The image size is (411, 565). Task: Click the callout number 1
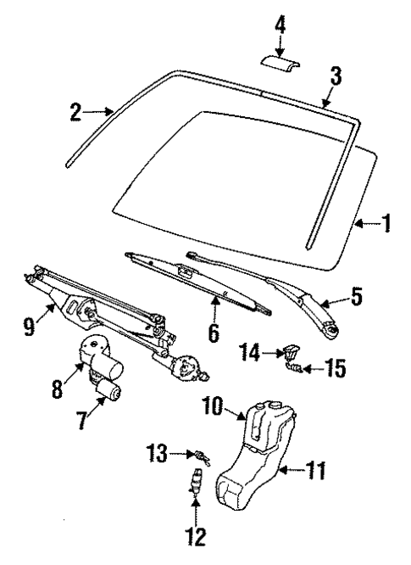(386, 224)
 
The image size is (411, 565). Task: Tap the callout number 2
(75, 111)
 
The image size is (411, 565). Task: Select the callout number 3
(336, 78)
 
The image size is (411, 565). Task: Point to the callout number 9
(30, 324)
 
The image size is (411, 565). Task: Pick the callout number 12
(197, 536)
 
